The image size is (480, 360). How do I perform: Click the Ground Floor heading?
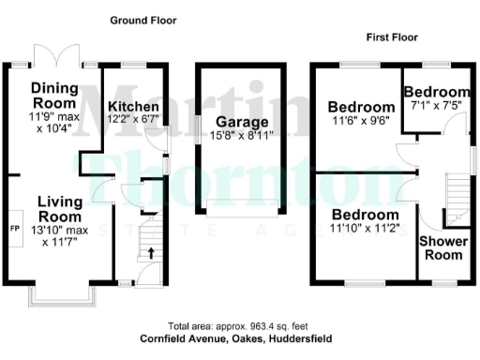[142, 20]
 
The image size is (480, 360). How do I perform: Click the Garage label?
[241, 122]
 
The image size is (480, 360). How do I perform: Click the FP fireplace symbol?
[14, 228]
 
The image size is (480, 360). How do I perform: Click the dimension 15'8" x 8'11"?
[241, 136]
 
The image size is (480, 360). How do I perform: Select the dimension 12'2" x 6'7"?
[134, 118]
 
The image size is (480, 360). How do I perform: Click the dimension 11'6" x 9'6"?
[361, 121]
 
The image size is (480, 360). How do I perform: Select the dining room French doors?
[55, 55]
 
